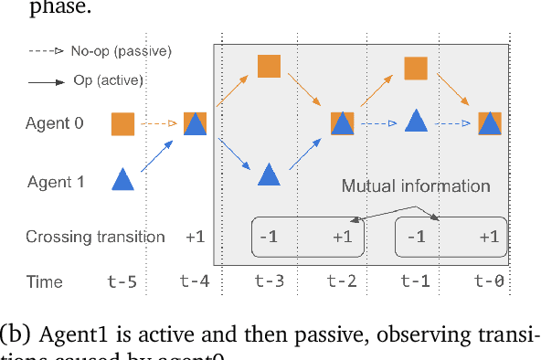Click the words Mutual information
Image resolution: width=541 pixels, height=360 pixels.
click(x=416, y=186)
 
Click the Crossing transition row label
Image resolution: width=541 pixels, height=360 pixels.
click(x=95, y=237)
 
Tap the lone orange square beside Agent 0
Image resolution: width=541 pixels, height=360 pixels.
click(x=122, y=122)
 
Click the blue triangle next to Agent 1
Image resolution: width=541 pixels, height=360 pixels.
click(x=122, y=179)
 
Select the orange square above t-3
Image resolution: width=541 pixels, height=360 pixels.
click(x=269, y=66)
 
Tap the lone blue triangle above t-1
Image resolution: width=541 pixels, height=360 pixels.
click(x=417, y=121)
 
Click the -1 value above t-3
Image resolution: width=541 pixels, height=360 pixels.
click(x=269, y=238)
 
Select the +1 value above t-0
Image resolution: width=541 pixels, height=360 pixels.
click(x=490, y=238)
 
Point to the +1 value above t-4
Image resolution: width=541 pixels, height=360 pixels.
click(x=196, y=237)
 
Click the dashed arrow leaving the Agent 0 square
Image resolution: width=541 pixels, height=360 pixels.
click(x=158, y=122)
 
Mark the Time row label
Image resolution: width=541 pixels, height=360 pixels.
click(x=44, y=282)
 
